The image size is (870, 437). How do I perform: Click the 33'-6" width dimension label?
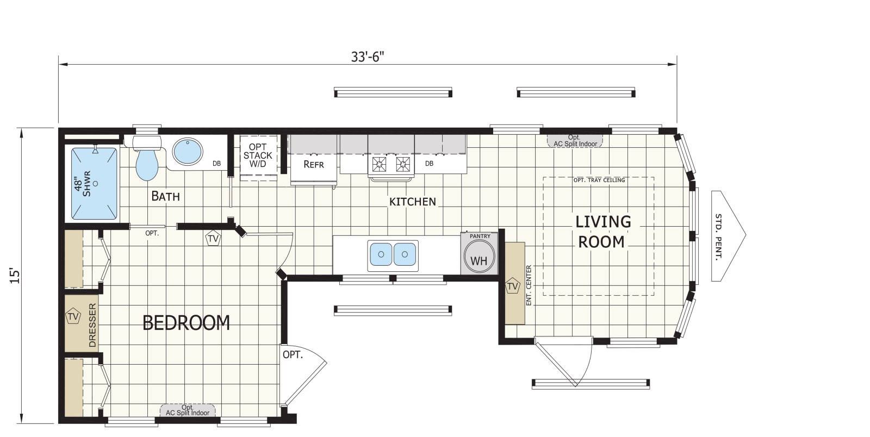point(368,57)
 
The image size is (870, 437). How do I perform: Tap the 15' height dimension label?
point(14,276)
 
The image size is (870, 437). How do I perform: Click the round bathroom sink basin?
point(188,151)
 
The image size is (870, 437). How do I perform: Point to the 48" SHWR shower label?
point(82,184)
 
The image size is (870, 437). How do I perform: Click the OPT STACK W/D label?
point(258,155)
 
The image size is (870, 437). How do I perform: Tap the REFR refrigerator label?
point(313,165)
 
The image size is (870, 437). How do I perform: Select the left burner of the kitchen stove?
point(378,164)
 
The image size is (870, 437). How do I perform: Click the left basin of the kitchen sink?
point(381,254)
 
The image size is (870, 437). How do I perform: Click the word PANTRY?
point(480,236)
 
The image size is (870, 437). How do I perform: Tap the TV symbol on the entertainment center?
point(512,286)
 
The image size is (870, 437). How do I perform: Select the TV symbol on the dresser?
point(73,316)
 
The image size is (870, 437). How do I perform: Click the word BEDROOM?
point(187,323)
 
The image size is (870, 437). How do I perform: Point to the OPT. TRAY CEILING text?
point(599,180)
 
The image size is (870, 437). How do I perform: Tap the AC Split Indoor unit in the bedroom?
point(188,410)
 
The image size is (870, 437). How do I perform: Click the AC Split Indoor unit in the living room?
point(575,141)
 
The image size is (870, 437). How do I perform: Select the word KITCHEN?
point(413,202)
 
